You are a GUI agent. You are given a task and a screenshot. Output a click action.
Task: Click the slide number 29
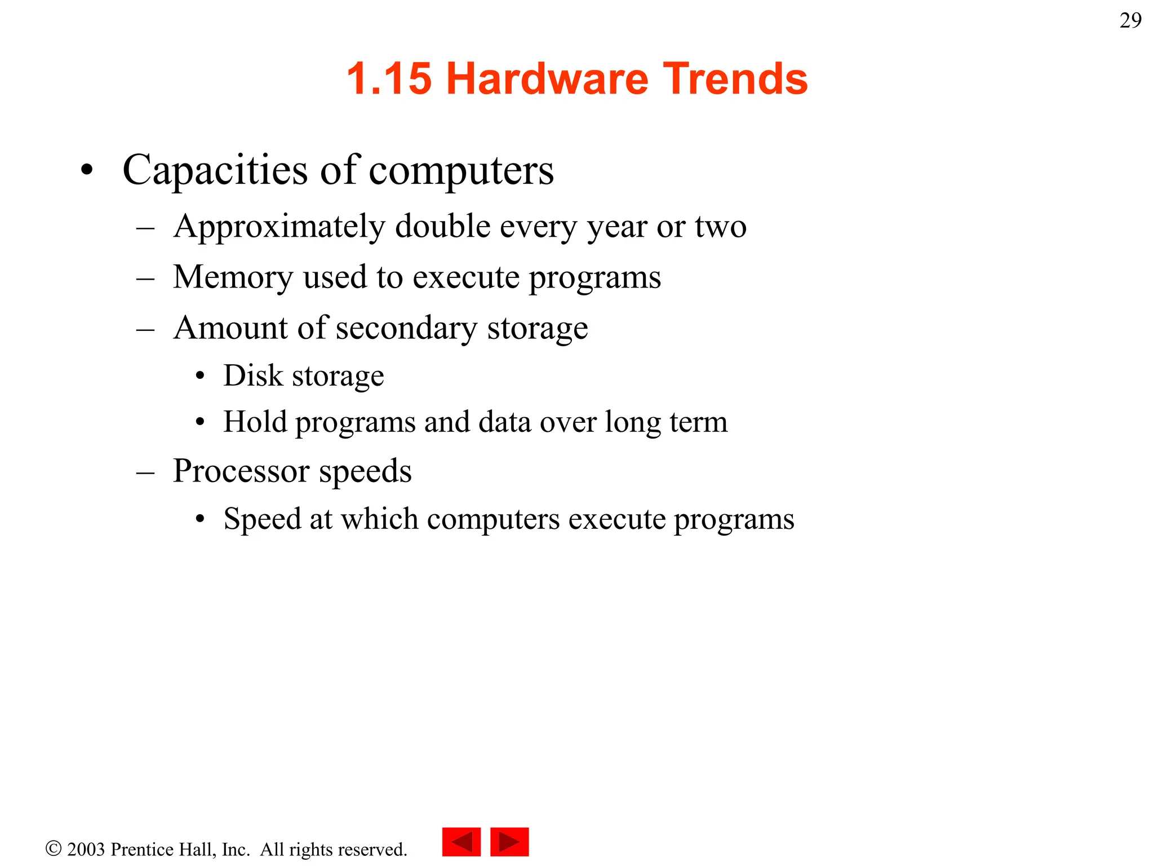pyautogui.click(x=1130, y=21)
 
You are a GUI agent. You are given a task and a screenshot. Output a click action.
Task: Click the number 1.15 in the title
pyautogui.click(x=389, y=79)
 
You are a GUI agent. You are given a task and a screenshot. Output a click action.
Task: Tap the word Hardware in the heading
pyautogui.click(x=547, y=79)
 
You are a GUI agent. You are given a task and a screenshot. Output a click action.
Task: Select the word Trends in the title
pyautogui.click(x=735, y=79)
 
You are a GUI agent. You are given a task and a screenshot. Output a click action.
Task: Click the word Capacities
pyautogui.click(x=215, y=170)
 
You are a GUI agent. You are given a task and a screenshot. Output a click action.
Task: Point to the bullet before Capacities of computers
pyautogui.click(x=86, y=170)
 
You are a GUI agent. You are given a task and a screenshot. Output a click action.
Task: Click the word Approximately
pyautogui.click(x=279, y=227)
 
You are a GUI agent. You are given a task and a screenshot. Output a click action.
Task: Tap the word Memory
pyautogui.click(x=233, y=277)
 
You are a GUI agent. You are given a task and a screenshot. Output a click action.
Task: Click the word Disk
pyautogui.click(x=253, y=376)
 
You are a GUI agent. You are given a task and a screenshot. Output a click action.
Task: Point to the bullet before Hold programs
pyautogui.click(x=199, y=422)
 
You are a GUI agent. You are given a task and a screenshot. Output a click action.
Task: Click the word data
pyautogui.click(x=505, y=422)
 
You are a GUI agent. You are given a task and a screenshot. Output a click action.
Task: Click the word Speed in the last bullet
pyautogui.click(x=262, y=519)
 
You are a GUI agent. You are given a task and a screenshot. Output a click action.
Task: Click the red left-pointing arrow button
pyautogui.click(x=461, y=842)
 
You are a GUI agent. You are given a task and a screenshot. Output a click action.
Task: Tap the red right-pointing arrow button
pyautogui.click(x=509, y=842)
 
